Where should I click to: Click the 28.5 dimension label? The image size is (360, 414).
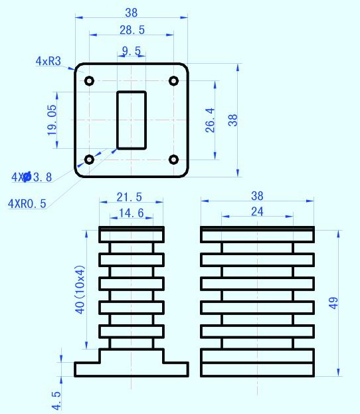coord(132,30)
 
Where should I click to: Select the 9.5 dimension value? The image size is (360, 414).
coord(132,51)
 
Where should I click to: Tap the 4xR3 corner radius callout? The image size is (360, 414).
coord(48,61)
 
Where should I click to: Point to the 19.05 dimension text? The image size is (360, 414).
coord(52,120)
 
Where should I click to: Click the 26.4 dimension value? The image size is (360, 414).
coord(210,120)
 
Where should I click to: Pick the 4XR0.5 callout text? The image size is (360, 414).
coord(27,203)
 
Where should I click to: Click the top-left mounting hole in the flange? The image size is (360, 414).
coord(89,81)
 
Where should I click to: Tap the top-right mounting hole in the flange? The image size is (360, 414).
coord(173,81)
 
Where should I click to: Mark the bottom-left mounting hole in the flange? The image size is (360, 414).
coord(89,159)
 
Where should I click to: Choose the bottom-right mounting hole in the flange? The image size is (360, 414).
coord(173,159)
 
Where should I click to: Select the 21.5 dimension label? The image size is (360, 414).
coord(130,197)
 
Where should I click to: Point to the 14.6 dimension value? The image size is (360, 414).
coord(132,213)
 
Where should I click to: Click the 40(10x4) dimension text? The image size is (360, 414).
coord(80,290)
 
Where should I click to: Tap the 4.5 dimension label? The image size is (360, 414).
coord(56,400)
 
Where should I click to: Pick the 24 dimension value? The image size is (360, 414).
coord(257,211)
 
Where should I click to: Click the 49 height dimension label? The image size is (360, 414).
coord(333,303)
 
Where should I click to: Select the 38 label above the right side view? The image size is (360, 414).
coord(257,196)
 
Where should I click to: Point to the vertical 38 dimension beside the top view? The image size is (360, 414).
coord(232,120)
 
